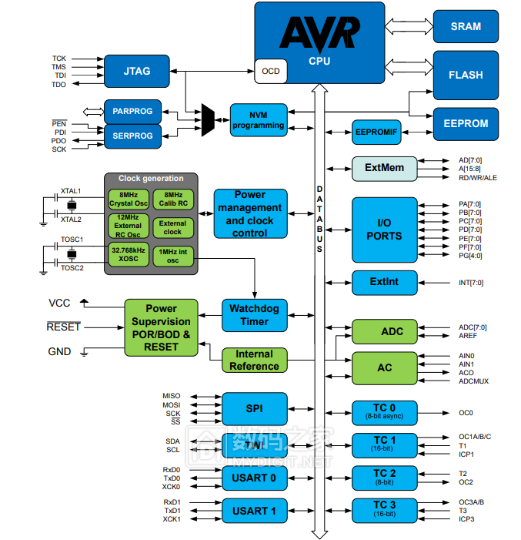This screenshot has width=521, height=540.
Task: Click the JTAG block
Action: pyautogui.click(x=136, y=70)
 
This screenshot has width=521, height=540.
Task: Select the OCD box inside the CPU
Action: pyautogui.click(x=271, y=71)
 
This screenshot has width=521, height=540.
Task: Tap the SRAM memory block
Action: pyautogui.click(x=466, y=26)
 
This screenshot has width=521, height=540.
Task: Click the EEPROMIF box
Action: pyautogui.click(x=377, y=132)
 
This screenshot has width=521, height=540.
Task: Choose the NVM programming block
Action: pyautogui.click(x=259, y=119)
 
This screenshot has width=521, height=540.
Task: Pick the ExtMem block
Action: pyautogui.click(x=384, y=168)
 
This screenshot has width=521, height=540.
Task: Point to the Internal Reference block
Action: pyautogui.click(x=254, y=361)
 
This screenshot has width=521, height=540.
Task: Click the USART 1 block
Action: pyautogui.click(x=255, y=511)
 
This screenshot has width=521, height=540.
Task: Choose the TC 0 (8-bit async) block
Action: pyautogui.click(x=384, y=411)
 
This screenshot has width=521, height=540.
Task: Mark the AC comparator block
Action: pyautogui.click(x=384, y=368)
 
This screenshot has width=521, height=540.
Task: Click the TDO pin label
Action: pyautogui.click(x=58, y=85)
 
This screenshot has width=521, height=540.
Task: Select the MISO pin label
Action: pyautogui.click(x=171, y=396)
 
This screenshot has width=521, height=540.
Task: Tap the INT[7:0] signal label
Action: pyautogui.click(x=470, y=283)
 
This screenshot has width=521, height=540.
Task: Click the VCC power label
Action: pyautogui.click(x=59, y=303)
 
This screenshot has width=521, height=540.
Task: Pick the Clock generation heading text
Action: pyautogui.click(x=151, y=179)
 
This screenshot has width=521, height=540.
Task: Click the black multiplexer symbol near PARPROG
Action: pyautogui.click(x=208, y=120)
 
